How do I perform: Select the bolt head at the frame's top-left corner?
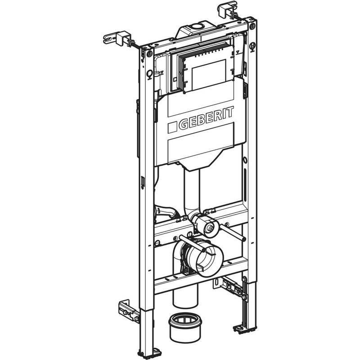[x=149, y=54]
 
